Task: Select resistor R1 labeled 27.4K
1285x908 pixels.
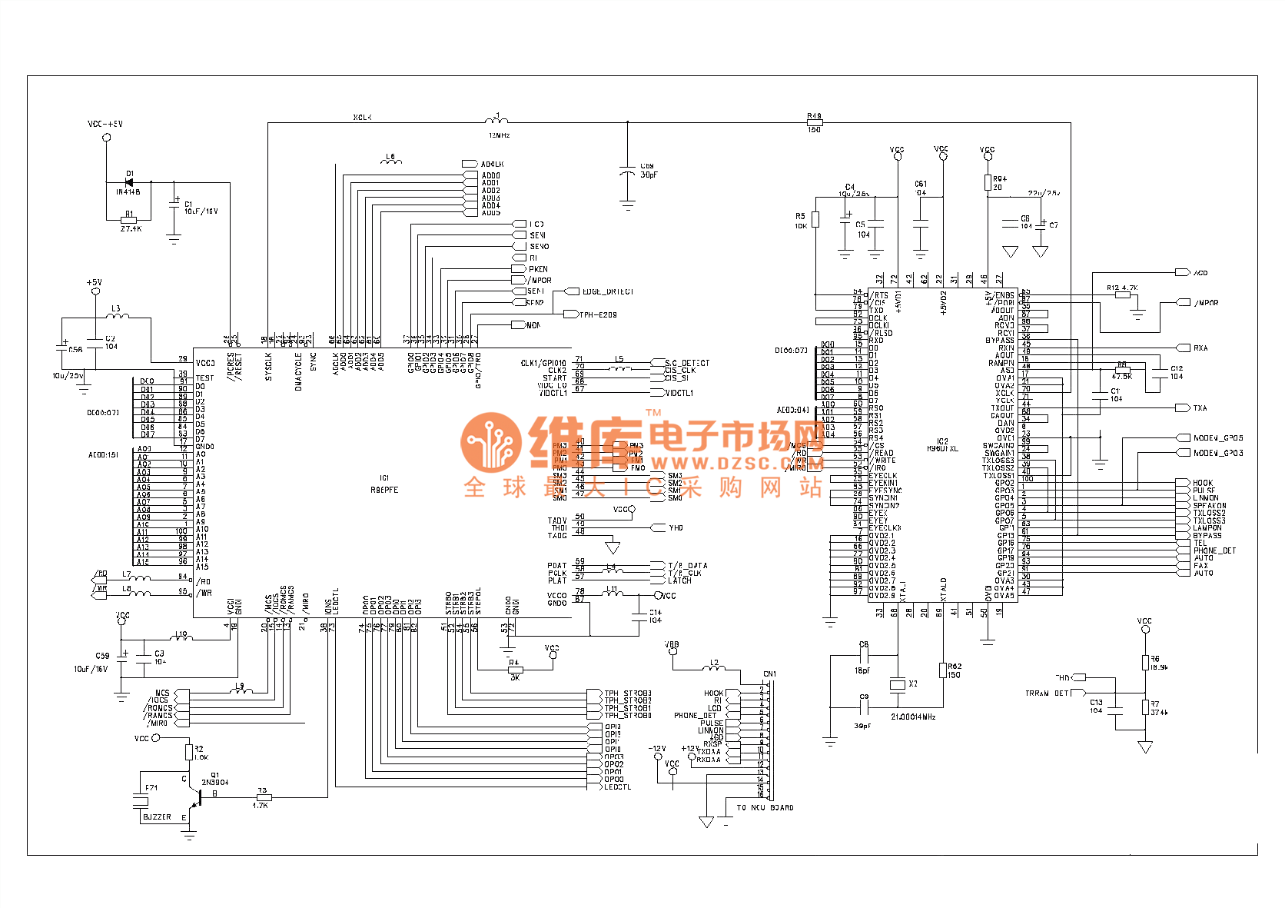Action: pos(129,221)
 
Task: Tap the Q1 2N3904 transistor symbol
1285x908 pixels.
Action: pos(195,800)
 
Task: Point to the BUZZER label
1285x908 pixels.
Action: pos(157,817)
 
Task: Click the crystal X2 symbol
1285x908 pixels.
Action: pos(897,684)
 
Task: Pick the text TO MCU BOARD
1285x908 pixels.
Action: pos(765,807)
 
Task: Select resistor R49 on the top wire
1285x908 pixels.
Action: pos(814,122)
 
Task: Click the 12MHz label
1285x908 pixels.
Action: pos(499,135)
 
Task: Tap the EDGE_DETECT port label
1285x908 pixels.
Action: pos(607,291)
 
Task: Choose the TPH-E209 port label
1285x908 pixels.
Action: pos(598,314)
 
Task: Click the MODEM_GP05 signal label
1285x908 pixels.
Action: pos(1217,438)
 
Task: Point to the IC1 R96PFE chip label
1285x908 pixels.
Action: pos(384,484)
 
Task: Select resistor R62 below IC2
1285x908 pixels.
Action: pos(943,670)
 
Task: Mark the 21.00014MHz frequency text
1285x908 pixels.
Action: pos(913,717)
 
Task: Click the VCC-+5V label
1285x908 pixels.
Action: pos(105,124)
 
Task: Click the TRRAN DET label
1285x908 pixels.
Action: pos(1047,693)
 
